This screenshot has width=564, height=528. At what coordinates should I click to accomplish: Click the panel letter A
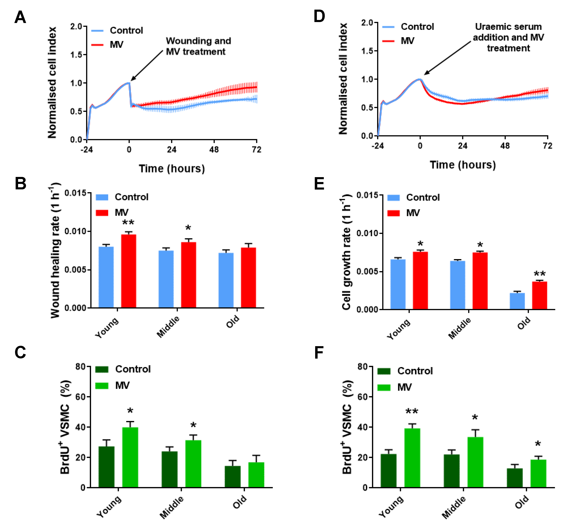click(20, 17)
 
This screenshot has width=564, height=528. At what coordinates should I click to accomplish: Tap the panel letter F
click(319, 353)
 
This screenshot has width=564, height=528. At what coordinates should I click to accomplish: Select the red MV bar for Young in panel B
click(128, 271)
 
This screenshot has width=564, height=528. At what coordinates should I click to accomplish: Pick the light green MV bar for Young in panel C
click(130, 457)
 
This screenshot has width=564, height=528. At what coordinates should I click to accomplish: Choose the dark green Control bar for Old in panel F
click(515, 478)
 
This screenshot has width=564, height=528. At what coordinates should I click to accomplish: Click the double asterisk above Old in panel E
click(539, 274)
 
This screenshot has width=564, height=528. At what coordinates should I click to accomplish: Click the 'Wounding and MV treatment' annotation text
click(198, 46)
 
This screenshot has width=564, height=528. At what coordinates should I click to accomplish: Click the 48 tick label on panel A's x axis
click(214, 150)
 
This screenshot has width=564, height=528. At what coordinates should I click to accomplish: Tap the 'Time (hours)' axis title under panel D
click(462, 165)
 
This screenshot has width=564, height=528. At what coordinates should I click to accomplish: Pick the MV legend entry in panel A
click(116, 44)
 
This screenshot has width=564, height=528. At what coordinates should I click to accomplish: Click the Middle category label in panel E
click(460, 328)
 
